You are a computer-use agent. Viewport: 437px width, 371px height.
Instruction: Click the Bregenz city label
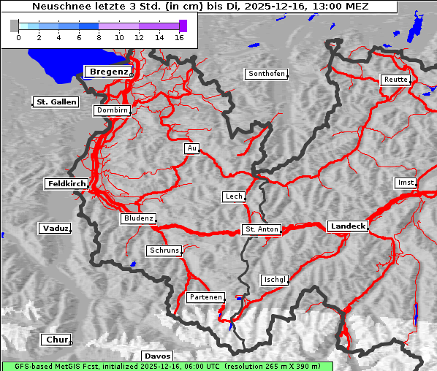tap(108, 72)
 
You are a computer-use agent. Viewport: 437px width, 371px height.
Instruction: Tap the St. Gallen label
tap(56, 102)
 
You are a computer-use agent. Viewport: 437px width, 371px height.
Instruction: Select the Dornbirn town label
tap(112, 111)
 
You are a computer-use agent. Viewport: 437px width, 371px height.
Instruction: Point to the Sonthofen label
tap(266, 74)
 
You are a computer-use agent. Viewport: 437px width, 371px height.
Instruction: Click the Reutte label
tap(395, 80)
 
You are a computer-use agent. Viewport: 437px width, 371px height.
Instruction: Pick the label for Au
tap(191, 149)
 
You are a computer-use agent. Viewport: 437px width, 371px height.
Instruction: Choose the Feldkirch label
tap(66, 184)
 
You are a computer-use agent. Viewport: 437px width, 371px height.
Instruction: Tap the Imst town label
tap(404, 182)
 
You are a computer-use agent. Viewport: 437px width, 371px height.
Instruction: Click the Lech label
tap(233, 196)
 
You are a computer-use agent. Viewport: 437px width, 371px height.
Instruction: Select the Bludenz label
tap(138, 218)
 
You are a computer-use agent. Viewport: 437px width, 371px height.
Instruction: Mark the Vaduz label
tap(55, 229)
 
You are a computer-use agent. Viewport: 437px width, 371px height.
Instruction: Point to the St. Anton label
tap(261, 230)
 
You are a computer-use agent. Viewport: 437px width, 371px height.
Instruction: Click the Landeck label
tap(347, 226)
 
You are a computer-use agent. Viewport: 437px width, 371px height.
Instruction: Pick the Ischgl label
tap(275, 280)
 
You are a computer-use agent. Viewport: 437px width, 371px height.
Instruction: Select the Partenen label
tap(205, 297)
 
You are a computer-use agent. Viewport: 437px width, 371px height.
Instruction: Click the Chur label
tap(56, 340)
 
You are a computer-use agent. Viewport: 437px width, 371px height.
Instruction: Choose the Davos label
tap(157, 356)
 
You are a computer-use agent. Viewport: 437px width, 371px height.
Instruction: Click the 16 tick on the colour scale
tap(179, 37)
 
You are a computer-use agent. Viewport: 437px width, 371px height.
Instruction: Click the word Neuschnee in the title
tap(58, 7)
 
